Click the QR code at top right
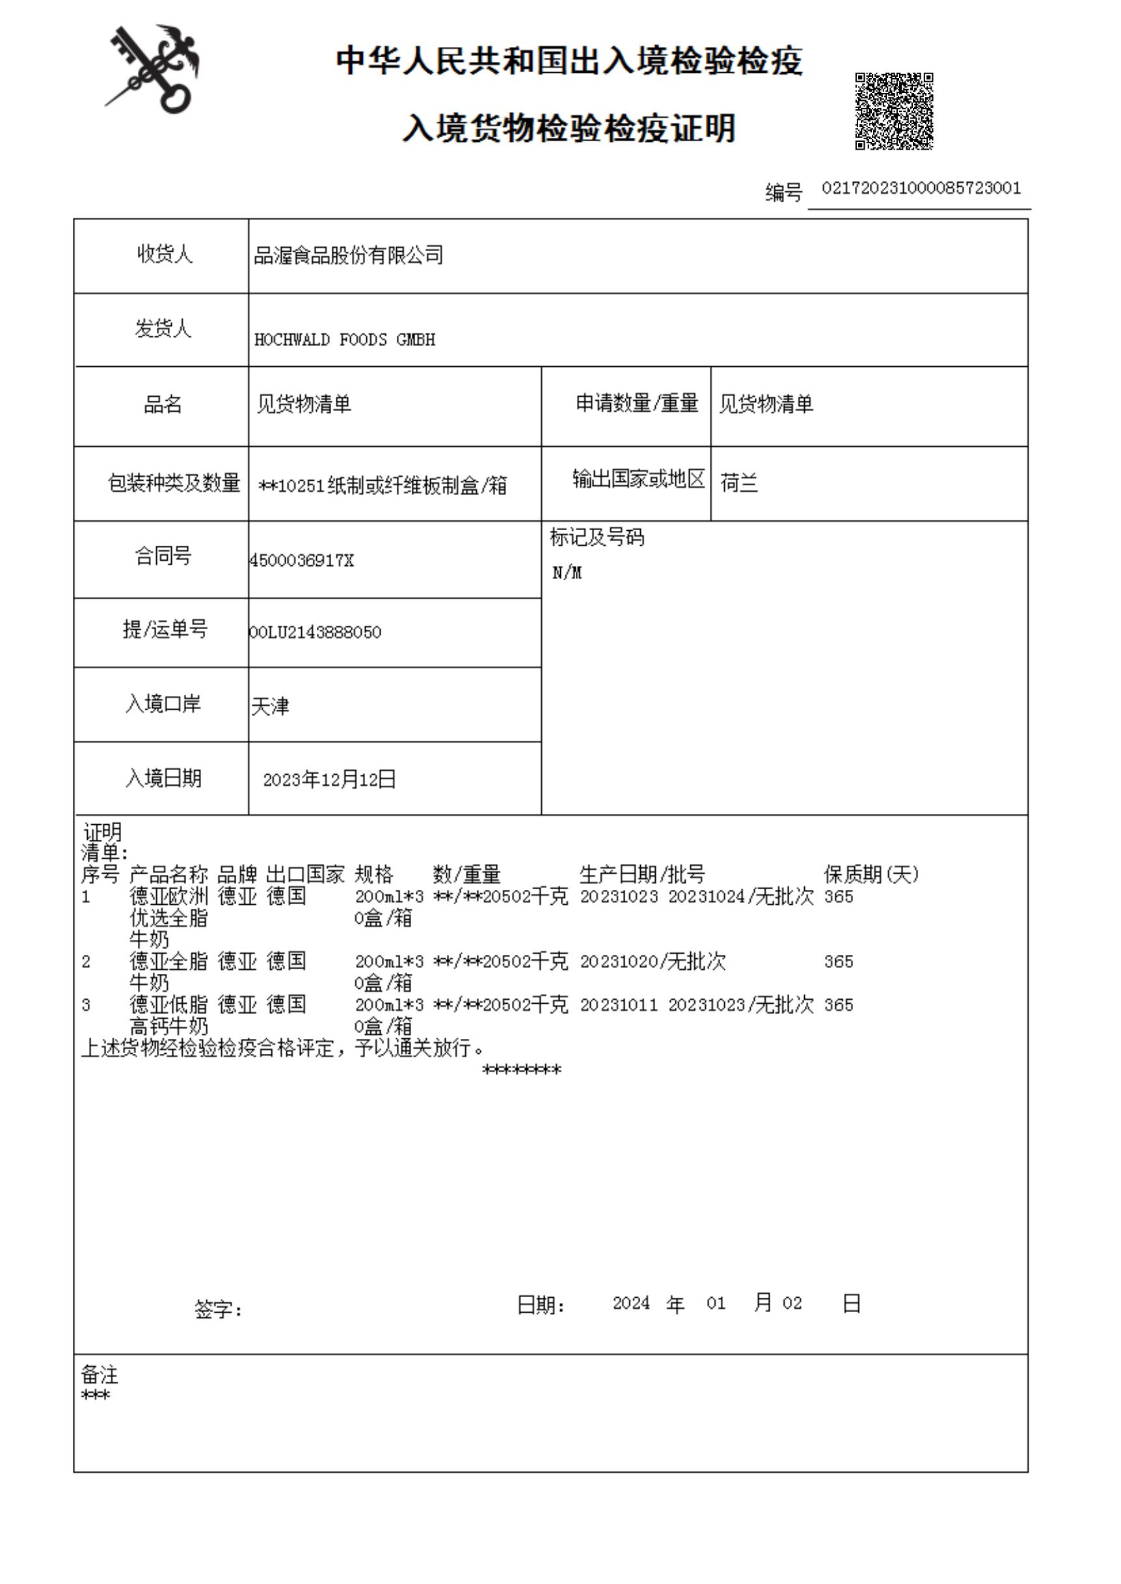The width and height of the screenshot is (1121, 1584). [894, 111]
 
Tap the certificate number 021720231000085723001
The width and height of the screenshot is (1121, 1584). [921, 189]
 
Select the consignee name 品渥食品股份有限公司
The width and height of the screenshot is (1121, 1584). [349, 256]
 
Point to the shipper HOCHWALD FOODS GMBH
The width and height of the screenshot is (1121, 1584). [344, 340]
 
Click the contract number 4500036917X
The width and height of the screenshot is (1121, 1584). [302, 561]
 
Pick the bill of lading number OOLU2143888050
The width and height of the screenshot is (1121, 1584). [315, 632]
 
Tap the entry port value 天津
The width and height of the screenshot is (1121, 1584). [270, 706]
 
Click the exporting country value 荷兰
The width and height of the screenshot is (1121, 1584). [738, 483]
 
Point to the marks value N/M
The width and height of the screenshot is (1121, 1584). [567, 573]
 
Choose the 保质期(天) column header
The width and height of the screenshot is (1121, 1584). [871, 874]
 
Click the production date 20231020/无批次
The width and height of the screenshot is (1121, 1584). [653, 961]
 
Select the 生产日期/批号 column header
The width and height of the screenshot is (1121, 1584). [642, 874]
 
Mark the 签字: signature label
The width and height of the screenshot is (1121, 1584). [218, 1309]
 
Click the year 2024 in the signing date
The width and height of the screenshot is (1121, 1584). [631, 1303]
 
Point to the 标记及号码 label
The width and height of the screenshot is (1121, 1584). [597, 538]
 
